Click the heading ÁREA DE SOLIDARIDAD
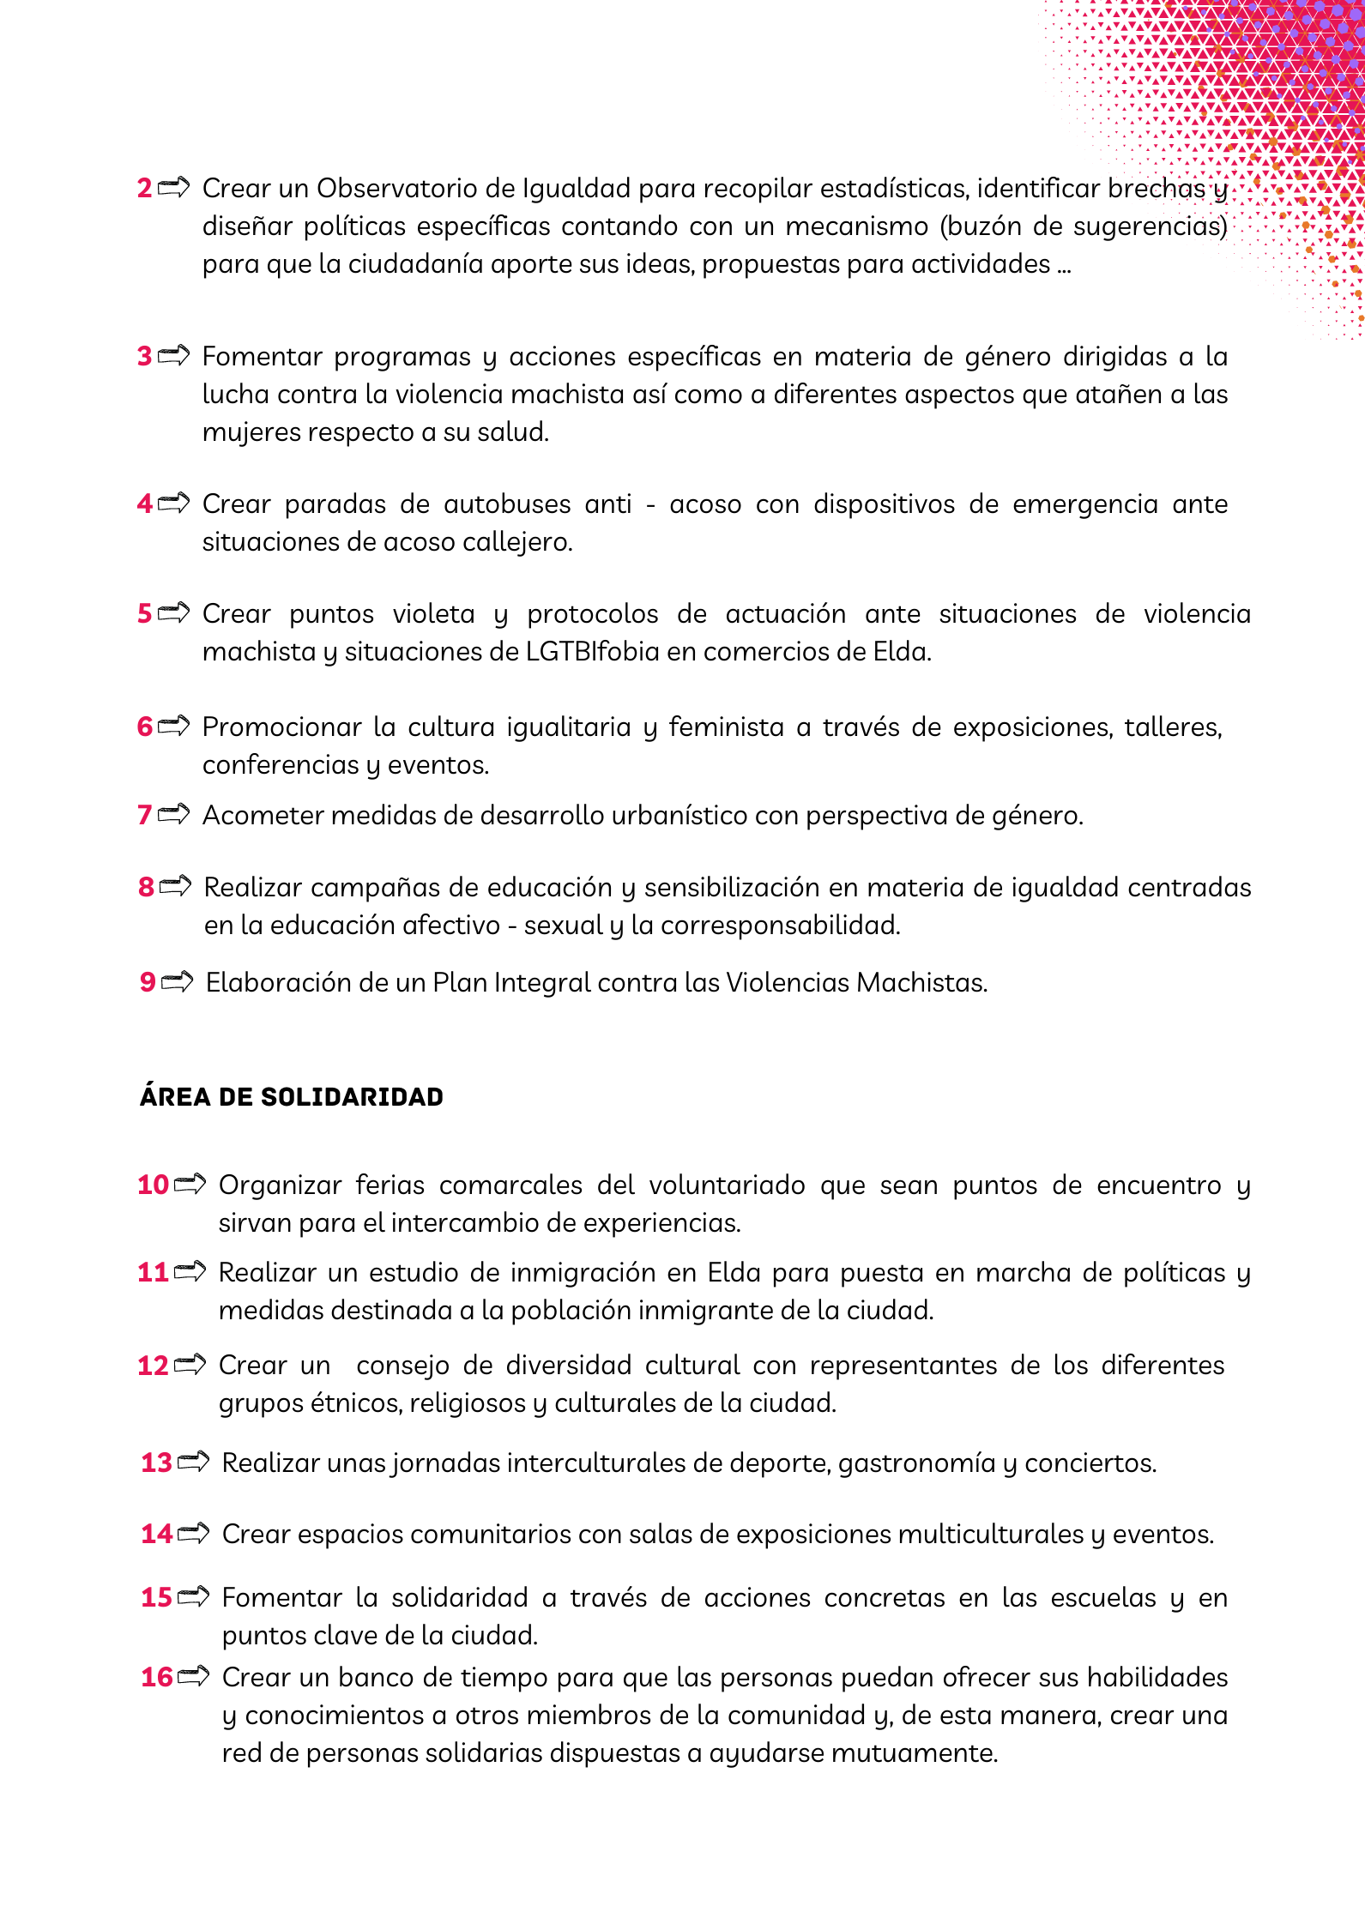click(292, 1096)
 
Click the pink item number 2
click(144, 188)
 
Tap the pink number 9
click(148, 982)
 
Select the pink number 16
click(157, 1677)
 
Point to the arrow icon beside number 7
click(173, 814)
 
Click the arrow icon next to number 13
click(194, 1462)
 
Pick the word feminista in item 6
click(726, 727)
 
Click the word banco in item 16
click(374, 1677)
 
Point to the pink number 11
click(153, 1272)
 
